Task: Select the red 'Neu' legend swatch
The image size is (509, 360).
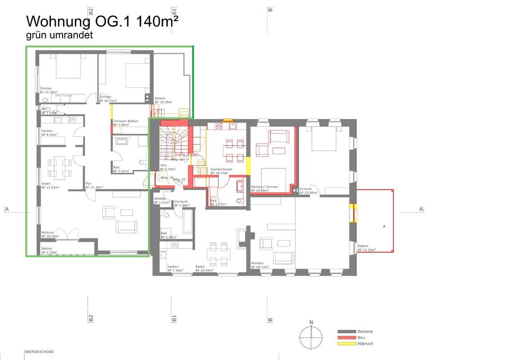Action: point(345,338)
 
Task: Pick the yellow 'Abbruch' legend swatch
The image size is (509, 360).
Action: point(345,344)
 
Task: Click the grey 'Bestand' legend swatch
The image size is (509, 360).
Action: point(345,332)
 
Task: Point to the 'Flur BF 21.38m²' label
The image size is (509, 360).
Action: point(94,186)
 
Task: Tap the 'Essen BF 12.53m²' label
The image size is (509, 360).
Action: point(50,186)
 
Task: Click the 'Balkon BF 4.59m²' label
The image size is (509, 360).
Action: point(51,251)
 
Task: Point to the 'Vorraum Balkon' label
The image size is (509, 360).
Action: point(126,123)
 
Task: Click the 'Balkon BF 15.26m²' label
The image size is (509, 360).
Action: point(366,248)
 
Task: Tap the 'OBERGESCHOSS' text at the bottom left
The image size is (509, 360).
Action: point(39,352)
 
